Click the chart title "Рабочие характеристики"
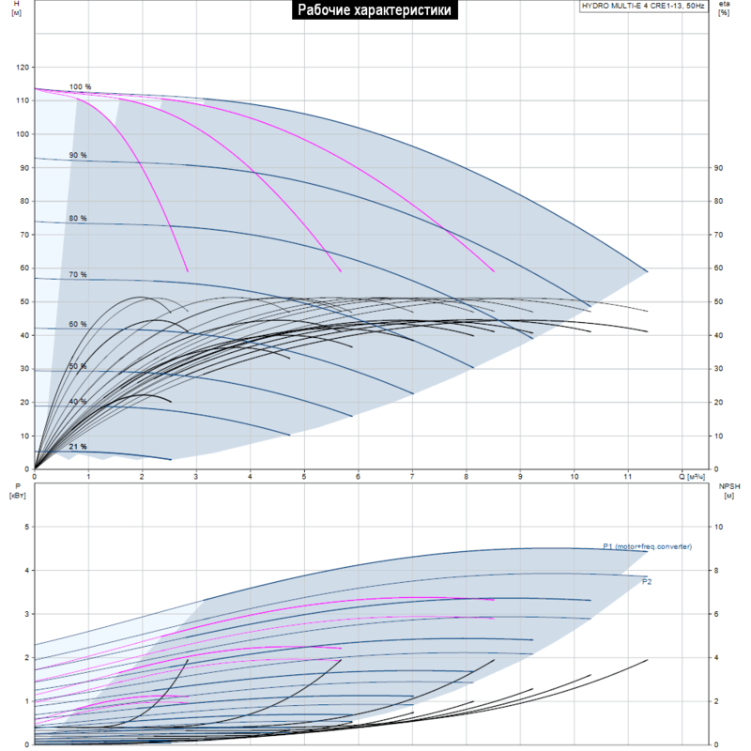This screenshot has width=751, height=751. [x=375, y=9]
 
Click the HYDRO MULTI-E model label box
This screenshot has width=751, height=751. [x=643, y=7]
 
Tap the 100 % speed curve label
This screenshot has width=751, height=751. [x=80, y=86]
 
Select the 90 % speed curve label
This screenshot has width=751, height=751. [x=78, y=155]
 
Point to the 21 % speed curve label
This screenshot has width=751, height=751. [x=78, y=447]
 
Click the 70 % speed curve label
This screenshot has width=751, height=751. [x=78, y=274]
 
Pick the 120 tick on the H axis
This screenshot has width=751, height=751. [x=23, y=68]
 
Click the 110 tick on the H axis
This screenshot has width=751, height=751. [x=23, y=100]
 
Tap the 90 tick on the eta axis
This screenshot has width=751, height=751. [x=718, y=168]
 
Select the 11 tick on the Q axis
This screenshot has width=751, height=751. [x=627, y=477]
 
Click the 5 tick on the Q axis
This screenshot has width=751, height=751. [x=303, y=477]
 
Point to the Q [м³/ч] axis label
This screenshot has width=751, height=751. [x=692, y=477]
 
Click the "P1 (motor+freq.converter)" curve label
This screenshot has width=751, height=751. [x=647, y=546]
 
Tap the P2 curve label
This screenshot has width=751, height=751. [x=647, y=581]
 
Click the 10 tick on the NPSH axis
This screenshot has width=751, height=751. [x=718, y=527]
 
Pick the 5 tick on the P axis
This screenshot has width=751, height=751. [x=27, y=527]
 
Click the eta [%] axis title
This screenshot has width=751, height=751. [x=724, y=8]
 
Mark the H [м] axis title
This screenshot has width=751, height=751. [x=16, y=8]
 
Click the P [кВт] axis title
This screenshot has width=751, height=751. [x=17, y=491]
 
